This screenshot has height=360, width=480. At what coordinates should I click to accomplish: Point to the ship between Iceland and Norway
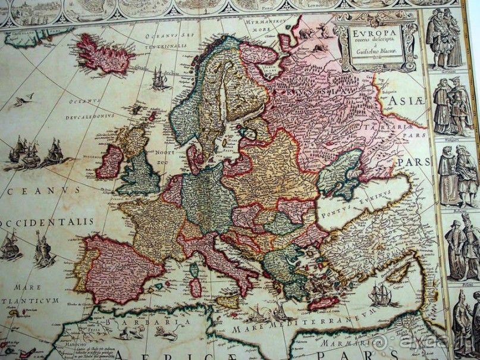(159, 78)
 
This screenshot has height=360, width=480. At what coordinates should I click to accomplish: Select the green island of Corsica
(194, 271)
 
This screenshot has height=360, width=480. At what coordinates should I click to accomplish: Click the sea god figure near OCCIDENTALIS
(43, 250)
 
